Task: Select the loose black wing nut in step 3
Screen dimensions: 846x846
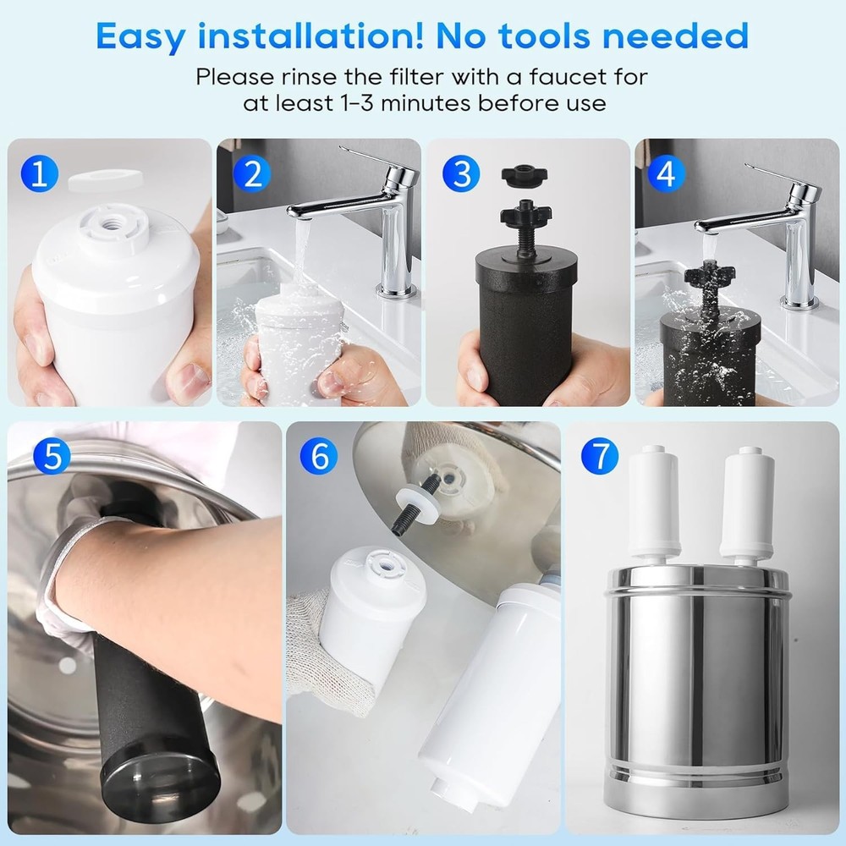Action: pos(524,175)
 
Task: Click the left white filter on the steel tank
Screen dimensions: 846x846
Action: pos(655,503)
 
